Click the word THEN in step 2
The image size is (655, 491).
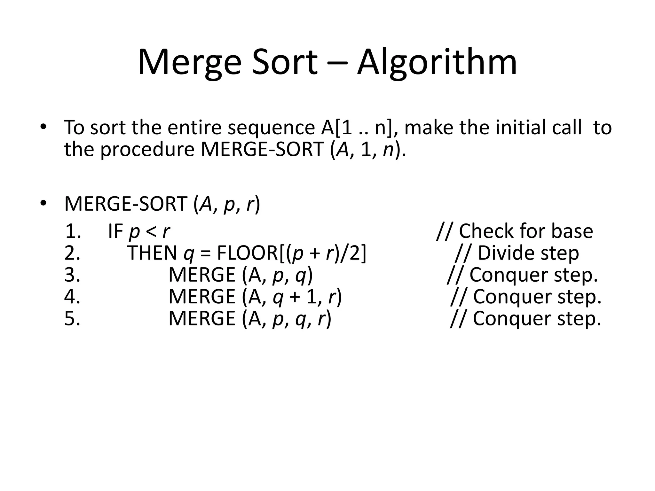tap(152, 253)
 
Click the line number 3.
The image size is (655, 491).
tap(72, 275)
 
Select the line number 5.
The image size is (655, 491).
tap(72, 318)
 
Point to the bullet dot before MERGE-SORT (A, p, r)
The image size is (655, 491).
tap(43, 203)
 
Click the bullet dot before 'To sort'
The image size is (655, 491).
tap(43, 127)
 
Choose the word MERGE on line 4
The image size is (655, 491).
tap(202, 297)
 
